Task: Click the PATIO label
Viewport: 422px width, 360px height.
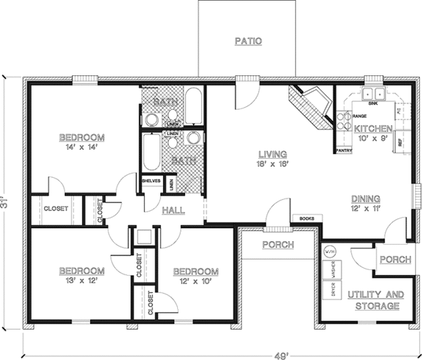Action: [x=248, y=41]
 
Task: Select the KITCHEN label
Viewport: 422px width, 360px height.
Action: [x=373, y=129]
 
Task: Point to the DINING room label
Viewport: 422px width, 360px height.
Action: [x=366, y=199]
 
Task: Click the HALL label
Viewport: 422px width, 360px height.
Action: [x=174, y=210]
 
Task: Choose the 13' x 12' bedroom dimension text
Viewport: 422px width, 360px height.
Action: [x=82, y=281]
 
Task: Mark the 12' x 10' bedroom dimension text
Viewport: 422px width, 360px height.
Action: [x=195, y=282]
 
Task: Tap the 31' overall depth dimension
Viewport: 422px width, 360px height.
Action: [x=8, y=205]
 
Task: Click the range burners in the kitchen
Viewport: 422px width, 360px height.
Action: [x=344, y=120]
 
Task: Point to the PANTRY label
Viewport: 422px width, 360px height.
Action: [x=344, y=150]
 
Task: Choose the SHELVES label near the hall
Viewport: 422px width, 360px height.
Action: [x=151, y=180]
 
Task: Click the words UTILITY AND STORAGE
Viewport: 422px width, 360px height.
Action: [x=376, y=300]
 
